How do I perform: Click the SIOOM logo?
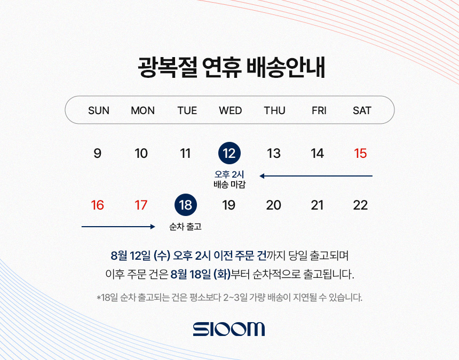coord(229,329)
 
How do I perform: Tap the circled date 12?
coord(230,153)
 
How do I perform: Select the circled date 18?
coord(186,205)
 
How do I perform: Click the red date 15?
coord(360,153)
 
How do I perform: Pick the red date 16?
coord(97,205)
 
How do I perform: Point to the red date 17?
coord(141,205)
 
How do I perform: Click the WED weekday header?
coord(231,110)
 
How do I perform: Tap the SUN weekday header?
coord(99,110)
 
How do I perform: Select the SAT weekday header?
coord(362,110)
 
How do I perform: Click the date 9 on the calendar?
coord(98,153)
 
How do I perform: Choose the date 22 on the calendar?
coord(360,205)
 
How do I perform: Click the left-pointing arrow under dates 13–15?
coord(316,176)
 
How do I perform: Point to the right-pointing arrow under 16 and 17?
coord(118,226)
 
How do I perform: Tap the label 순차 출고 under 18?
coord(186,226)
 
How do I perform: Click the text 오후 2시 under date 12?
coord(229,174)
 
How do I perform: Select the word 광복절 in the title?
coord(167,67)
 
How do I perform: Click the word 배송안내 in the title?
coord(286,67)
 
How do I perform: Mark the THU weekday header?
coord(274,110)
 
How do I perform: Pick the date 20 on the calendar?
coord(273,205)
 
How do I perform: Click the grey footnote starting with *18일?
coord(230,298)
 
